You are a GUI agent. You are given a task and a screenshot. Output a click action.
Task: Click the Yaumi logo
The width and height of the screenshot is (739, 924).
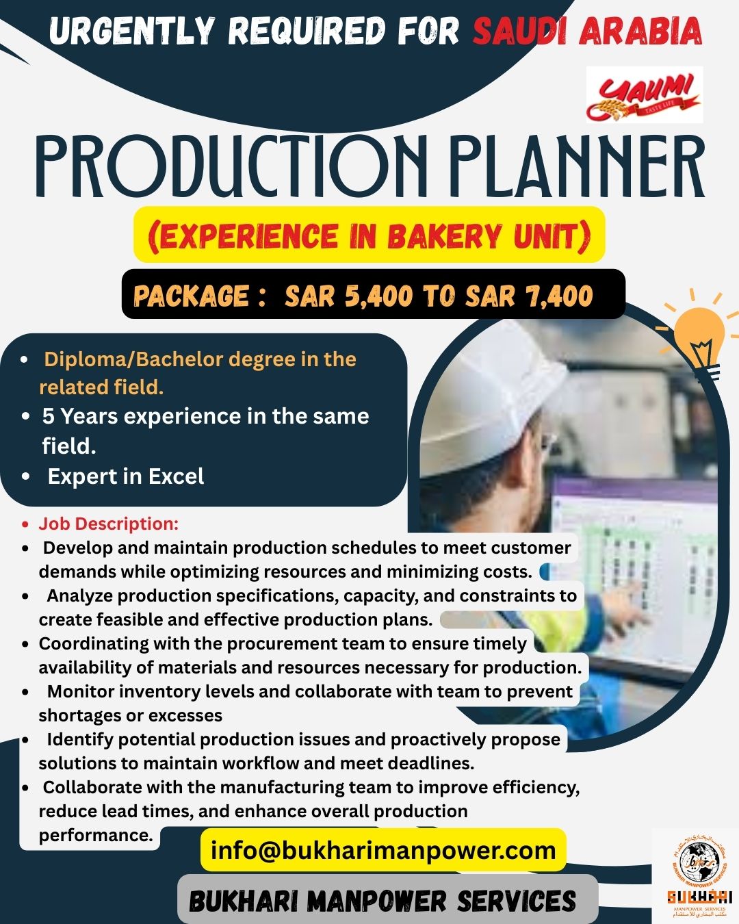point(644,95)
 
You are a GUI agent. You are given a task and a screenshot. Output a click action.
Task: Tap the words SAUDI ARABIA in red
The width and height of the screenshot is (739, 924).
point(587,31)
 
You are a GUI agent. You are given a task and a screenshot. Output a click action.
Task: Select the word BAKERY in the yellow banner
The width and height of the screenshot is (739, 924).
point(445,236)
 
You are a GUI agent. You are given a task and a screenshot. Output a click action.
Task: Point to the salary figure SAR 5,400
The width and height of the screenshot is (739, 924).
point(348,296)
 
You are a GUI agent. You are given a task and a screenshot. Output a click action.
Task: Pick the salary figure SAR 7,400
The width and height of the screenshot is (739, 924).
point(529,296)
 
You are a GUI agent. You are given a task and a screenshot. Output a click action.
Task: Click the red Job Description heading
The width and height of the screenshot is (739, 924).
point(108,524)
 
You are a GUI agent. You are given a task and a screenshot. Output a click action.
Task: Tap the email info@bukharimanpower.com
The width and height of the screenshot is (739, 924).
point(383,850)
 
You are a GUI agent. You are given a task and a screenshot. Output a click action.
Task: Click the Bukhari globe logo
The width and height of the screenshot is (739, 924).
point(697,863)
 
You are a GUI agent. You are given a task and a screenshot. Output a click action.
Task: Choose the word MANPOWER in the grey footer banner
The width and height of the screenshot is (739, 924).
point(377,901)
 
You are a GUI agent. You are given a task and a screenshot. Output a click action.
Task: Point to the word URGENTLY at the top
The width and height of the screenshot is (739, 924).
point(132,31)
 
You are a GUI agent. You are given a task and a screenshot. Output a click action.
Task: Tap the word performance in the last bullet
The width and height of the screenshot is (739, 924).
point(96,835)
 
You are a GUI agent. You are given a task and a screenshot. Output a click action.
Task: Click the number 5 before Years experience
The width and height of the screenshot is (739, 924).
point(48,416)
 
